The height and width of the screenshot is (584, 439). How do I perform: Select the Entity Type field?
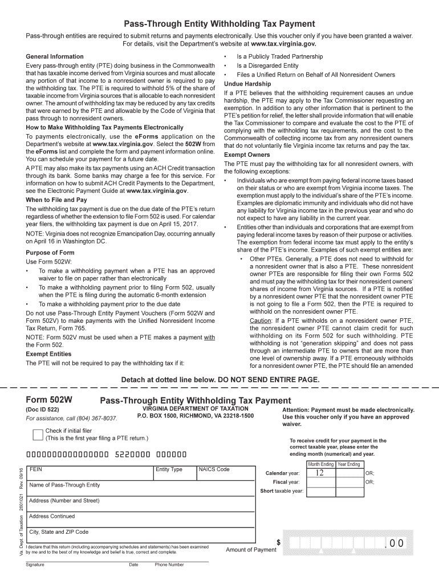tap(174, 474)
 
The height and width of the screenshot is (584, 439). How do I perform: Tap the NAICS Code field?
tap(225, 474)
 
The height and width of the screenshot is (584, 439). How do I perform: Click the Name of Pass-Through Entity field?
tap(140, 489)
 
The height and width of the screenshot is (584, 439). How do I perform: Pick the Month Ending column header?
tap(320, 464)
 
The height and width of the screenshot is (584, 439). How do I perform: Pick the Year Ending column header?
tap(349, 464)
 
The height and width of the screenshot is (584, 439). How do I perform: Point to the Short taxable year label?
tap(282, 491)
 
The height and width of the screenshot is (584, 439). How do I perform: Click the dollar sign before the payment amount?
tap(279, 543)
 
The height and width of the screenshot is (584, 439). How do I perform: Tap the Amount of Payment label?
tap(251, 550)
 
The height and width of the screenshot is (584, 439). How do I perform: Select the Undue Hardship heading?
tap(247, 84)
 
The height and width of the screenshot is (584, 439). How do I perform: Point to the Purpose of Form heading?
tap(50, 253)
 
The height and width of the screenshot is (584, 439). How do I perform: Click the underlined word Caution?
tap(262, 321)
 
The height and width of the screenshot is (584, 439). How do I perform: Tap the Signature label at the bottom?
tap(35, 565)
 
